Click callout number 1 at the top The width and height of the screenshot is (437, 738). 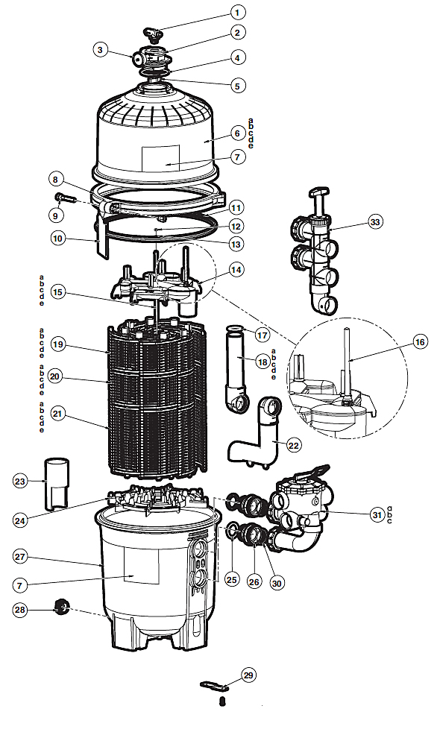[x=238, y=13]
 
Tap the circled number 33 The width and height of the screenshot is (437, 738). [x=375, y=221]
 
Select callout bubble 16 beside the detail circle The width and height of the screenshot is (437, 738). [x=420, y=341]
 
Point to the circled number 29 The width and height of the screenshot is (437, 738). [x=248, y=675]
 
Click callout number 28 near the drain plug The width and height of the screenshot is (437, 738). [x=20, y=610]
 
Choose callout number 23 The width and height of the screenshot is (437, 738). [x=20, y=481]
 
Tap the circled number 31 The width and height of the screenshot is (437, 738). [x=377, y=515]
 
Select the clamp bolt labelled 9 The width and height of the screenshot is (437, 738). [x=65, y=198]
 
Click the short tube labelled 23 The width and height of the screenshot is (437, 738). [x=57, y=483]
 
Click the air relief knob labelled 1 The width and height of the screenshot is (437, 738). [x=153, y=34]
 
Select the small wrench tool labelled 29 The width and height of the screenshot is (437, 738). [x=214, y=685]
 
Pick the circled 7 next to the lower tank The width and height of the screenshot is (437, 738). [x=20, y=585]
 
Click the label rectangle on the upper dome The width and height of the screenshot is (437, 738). [x=160, y=158]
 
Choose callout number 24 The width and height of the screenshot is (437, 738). [x=20, y=520]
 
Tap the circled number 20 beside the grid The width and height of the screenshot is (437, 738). [x=55, y=377]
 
